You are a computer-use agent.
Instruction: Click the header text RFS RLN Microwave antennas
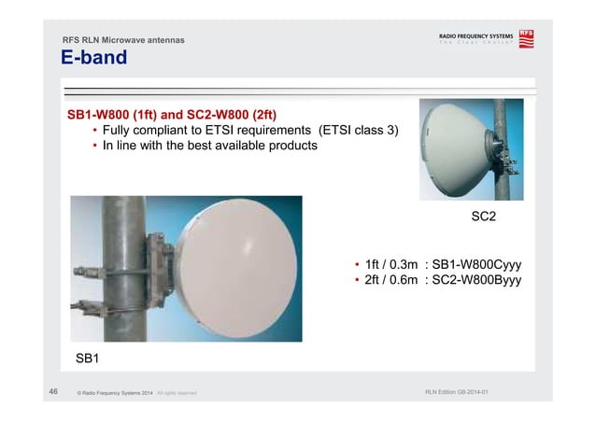pyautogui.click(x=122, y=40)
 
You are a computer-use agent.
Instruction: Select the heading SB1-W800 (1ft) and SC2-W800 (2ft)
pyautogui.click(x=172, y=115)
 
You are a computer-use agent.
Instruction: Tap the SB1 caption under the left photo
pyautogui.click(x=88, y=358)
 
